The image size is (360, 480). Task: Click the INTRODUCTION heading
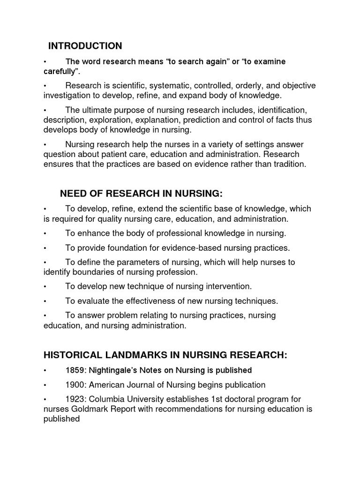pyautogui.click(x=85, y=46)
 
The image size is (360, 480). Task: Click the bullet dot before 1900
pyautogui.click(x=45, y=385)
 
